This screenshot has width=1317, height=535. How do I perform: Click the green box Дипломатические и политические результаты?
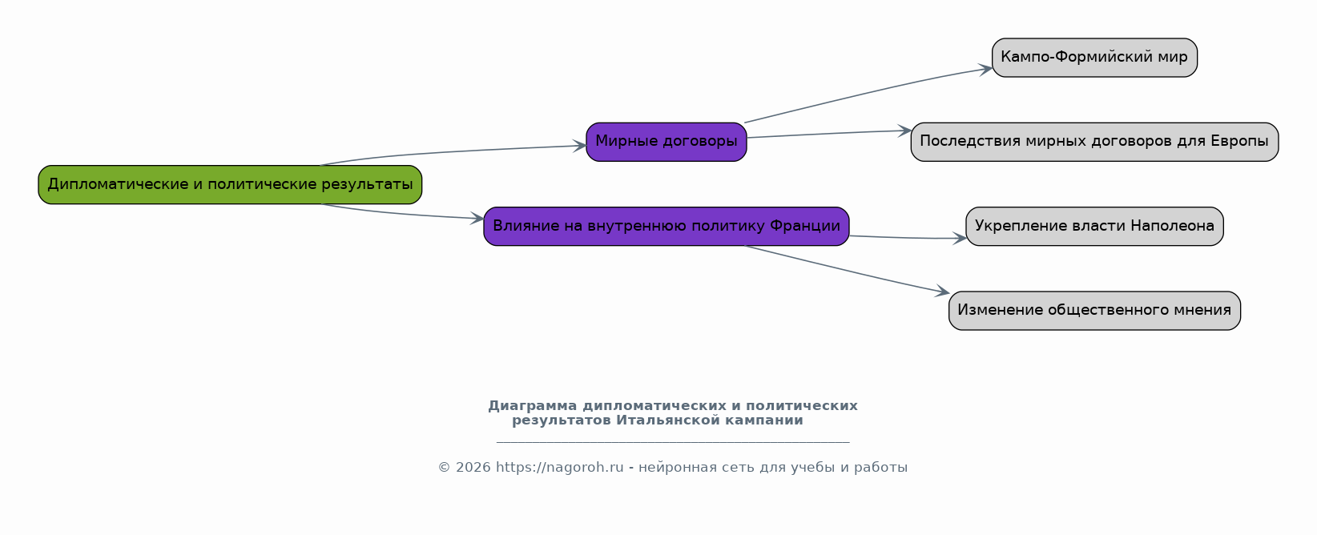(230, 184)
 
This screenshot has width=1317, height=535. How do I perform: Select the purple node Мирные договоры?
(667, 142)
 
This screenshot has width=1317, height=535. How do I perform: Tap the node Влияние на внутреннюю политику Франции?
(667, 227)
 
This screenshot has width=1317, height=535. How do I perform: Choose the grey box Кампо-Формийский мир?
(1094, 58)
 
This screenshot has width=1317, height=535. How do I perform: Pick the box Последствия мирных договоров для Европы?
(1094, 142)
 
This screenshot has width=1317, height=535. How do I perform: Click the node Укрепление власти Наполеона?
(1094, 227)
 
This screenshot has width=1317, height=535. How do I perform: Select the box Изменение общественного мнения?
(1094, 311)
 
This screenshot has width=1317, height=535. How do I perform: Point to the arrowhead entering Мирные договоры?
(580, 146)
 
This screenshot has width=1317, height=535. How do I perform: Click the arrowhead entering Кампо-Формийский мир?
(986, 70)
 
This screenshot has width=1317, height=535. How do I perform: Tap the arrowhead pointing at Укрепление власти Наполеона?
(960, 238)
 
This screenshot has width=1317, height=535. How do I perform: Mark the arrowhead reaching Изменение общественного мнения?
(942, 291)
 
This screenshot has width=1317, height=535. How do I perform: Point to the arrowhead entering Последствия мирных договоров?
(904, 131)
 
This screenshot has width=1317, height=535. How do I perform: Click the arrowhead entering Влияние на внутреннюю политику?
(477, 219)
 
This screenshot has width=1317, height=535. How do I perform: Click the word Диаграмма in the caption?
(533, 406)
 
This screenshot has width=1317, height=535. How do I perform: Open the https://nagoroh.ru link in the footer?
(560, 468)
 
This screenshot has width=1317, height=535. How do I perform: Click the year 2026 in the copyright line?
(473, 468)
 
